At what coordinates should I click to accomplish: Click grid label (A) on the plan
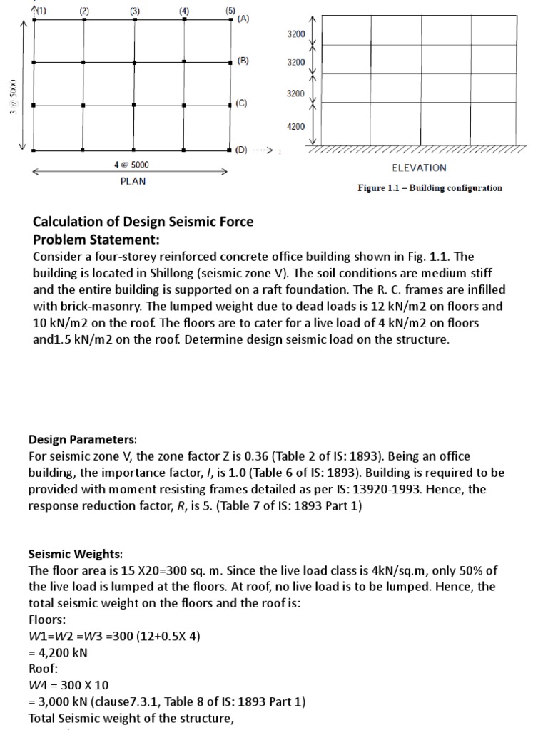[243, 20]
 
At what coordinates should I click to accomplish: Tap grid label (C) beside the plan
[241, 103]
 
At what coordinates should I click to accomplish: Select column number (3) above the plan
[135, 11]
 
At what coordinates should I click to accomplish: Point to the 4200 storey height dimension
[295, 126]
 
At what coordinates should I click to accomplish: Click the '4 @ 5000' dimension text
[132, 165]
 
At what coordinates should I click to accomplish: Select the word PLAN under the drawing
[133, 181]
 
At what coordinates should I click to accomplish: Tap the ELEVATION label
[419, 168]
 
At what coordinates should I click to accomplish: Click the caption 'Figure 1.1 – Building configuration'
[430, 188]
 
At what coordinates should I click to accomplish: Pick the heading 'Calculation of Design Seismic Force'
[143, 222]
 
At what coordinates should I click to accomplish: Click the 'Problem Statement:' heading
[96, 239]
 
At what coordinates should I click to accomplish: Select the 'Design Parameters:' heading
[83, 440]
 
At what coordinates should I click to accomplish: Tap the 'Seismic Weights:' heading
[76, 554]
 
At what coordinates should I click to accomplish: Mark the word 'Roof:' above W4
[42, 669]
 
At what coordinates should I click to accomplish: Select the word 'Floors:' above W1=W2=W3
[47, 620]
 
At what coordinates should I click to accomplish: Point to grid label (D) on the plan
[241, 150]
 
